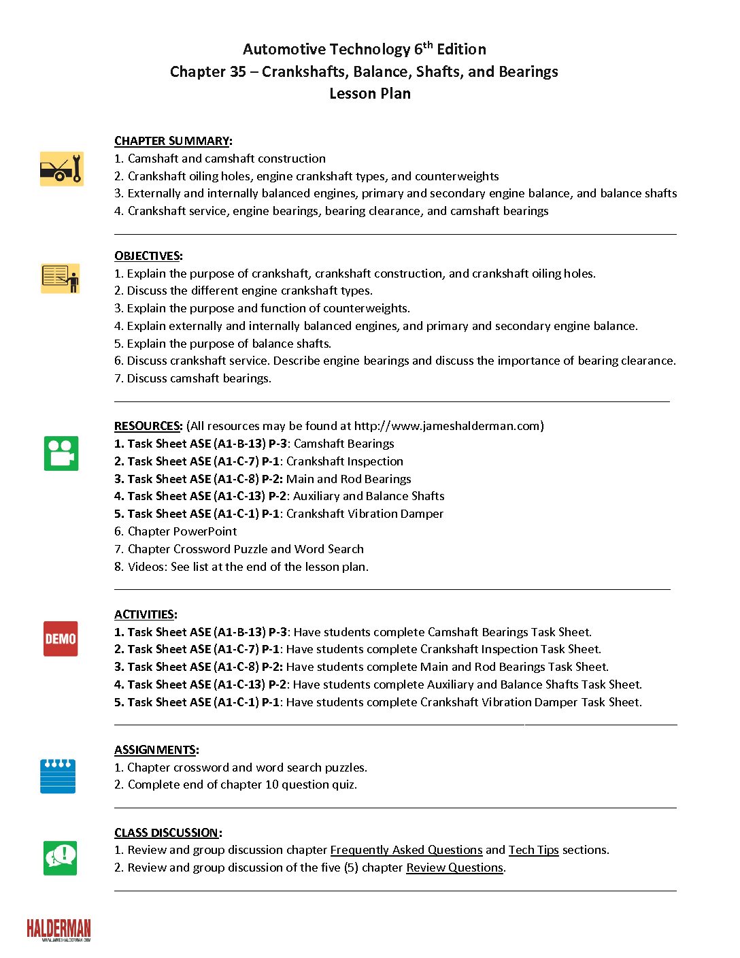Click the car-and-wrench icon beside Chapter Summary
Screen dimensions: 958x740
tap(61, 169)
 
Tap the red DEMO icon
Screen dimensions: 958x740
tap(61, 639)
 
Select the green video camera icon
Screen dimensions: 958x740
tap(61, 453)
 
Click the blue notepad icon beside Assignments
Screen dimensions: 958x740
tap(58, 776)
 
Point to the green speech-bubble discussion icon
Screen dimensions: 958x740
tap(61, 858)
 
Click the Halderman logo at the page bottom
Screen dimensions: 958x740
tap(58, 929)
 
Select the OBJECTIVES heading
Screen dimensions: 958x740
tap(148, 256)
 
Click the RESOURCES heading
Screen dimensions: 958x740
tap(148, 426)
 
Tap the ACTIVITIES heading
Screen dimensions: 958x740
tap(145, 614)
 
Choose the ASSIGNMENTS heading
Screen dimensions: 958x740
tap(156, 750)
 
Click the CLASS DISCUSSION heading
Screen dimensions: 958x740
tap(167, 833)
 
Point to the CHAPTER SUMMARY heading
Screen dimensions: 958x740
tap(172, 141)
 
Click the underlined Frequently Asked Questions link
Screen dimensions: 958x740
tap(406, 850)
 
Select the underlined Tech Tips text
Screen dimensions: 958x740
tap(533, 850)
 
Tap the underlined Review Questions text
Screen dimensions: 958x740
tap(454, 868)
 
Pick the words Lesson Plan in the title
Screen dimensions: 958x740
tap(370, 94)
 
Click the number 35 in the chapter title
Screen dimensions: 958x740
tap(237, 72)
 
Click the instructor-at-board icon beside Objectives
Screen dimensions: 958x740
tap(61, 278)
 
